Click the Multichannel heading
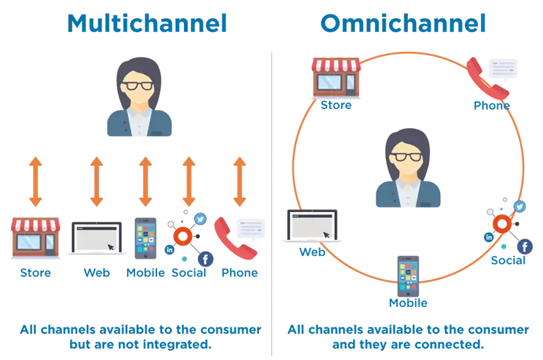149,25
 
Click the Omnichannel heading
404,25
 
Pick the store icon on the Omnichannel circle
336,77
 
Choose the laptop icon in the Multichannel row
97,238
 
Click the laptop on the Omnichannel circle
311,226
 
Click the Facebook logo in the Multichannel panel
205,260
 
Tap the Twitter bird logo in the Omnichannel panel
520,206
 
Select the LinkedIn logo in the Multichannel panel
170,249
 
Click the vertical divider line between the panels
270,196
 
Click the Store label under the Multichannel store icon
36,272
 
